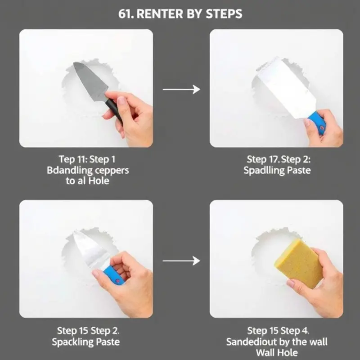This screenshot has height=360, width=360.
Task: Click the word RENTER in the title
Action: pyautogui.click(x=160, y=14)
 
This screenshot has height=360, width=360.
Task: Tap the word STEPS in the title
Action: pyautogui.click(x=224, y=14)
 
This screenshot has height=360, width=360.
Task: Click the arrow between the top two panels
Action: pyautogui.click(x=181, y=89)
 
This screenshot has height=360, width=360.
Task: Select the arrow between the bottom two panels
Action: pyautogui.click(x=181, y=261)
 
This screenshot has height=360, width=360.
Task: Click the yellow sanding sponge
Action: pyautogui.click(x=298, y=263)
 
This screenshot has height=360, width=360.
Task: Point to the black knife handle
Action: pyautogui.click(x=114, y=109)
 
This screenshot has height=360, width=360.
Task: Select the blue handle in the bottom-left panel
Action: pyautogui.click(x=114, y=275)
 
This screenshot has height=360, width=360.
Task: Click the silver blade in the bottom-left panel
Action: pyautogui.click(x=91, y=250)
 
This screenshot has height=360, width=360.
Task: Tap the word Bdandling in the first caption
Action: pyautogui.click(x=69, y=171)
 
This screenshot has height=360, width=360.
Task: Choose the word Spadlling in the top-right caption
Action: pyautogui.click(x=262, y=171)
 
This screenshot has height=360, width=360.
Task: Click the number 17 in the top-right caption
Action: pyautogui.click(x=273, y=159)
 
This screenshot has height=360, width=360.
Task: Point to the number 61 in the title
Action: pyautogui.click(x=124, y=14)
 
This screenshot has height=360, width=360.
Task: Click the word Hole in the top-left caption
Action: pyautogui.click(x=99, y=181)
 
